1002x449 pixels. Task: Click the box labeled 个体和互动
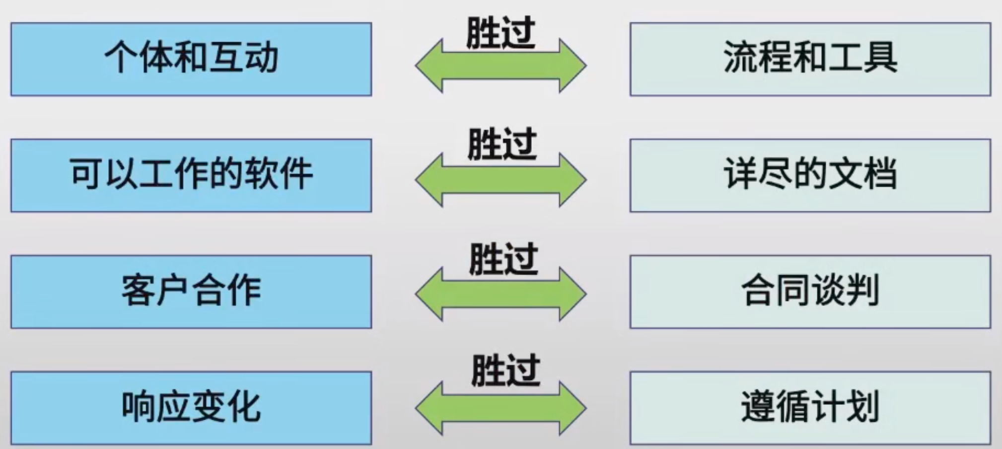[x=191, y=59]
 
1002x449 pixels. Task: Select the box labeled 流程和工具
[x=810, y=59]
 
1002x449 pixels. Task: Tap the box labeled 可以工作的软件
[x=191, y=175]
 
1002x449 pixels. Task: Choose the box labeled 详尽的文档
[x=810, y=175]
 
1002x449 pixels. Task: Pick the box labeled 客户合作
[x=191, y=292]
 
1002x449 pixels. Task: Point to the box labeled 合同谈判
[x=810, y=292]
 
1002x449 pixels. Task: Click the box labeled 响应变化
[x=191, y=408]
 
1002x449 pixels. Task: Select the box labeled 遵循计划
[x=810, y=408]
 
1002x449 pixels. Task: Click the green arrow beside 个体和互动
[x=501, y=66]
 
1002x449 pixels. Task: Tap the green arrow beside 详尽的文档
[x=501, y=180]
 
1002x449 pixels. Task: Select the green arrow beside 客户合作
[x=501, y=295]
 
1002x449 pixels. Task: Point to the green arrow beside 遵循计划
[x=501, y=409]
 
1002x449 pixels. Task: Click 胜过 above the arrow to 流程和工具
[x=501, y=33]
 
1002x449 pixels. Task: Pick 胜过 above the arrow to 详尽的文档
[x=502, y=144]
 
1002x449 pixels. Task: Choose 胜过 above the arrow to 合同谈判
[x=503, y=259]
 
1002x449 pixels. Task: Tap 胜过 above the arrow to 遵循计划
[x=505, y=371]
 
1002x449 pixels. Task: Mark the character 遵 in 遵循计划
[x=758, y=407]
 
